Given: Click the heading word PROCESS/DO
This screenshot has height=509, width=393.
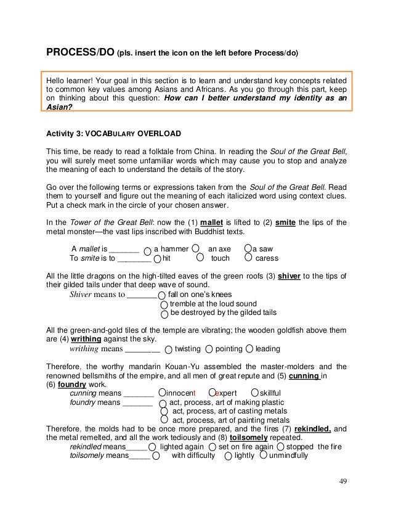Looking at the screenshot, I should [80, 52].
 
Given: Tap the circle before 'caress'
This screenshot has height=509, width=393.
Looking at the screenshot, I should [248, 259].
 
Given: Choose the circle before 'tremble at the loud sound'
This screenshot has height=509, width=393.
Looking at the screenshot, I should [164, 304].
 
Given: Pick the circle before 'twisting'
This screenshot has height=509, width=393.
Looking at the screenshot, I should [169, 349].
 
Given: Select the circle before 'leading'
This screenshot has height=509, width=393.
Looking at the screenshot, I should [249, 349].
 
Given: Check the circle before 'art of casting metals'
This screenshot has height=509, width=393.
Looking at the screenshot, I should [164, 411].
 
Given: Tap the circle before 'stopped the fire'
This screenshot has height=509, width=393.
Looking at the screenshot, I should [281, 446].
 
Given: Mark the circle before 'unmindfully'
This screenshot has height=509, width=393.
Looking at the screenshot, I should [264, 456].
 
